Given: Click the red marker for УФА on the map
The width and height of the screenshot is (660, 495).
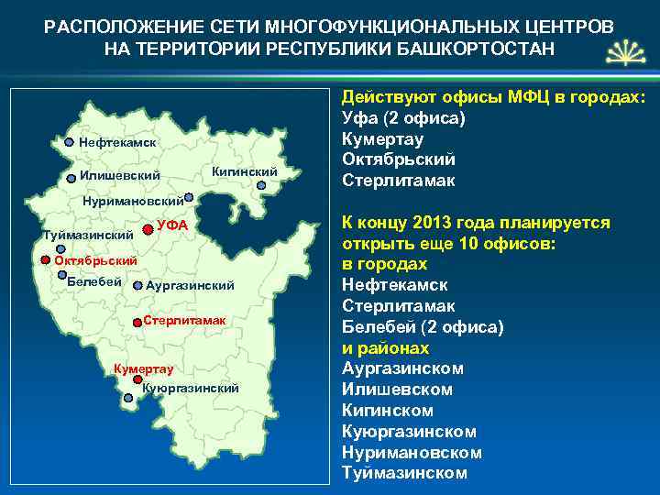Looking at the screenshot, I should [148, 225].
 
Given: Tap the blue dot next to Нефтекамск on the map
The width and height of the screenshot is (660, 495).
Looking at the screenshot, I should [70, 143].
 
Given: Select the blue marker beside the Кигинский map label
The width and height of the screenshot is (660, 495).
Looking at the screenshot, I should [261, 185].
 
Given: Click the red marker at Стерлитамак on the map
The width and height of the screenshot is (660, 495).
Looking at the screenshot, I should [137, 322].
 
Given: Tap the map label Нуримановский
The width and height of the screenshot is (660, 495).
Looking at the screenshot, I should [132, 200].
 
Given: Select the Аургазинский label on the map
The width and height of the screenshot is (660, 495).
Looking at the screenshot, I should [191, 286].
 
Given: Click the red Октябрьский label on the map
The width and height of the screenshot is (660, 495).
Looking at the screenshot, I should [95, 261].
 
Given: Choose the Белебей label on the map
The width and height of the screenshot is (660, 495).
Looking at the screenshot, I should [95, 280].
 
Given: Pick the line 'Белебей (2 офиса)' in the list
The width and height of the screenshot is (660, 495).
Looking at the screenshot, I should [422, 327].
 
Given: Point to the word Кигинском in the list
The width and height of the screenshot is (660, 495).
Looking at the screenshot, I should [387, 411].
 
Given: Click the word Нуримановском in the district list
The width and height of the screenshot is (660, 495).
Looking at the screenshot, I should [412, 453].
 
